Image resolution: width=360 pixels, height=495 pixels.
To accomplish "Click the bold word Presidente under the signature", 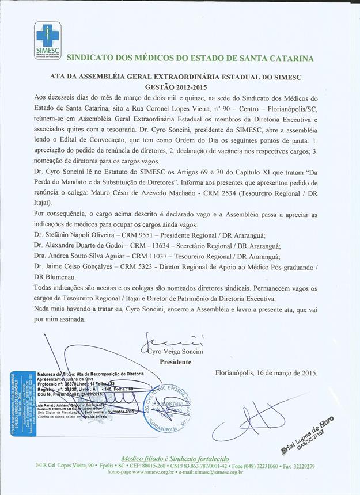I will pyautogui.click(x=175, y=362).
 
